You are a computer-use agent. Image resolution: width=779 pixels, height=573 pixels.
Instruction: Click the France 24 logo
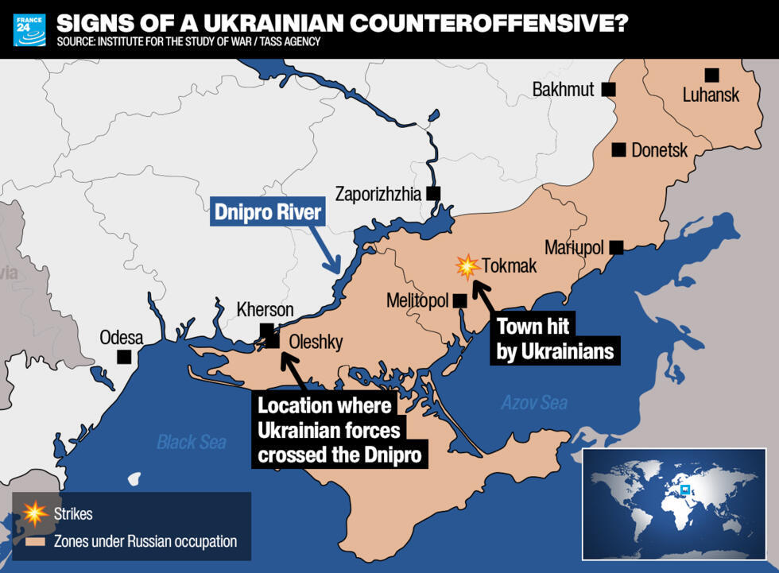[x=29, y=29]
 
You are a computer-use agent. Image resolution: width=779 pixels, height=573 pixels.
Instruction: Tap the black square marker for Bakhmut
[x=609, y=90]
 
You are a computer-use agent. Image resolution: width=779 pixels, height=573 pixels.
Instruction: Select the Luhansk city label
[x=711, y=95]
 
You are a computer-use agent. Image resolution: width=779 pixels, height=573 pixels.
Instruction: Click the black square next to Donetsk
[x=618, y=149]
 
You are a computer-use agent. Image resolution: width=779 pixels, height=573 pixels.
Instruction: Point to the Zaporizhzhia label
[x=378, y=193]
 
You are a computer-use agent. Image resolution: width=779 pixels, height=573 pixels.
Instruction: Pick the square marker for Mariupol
[x=616, y=247]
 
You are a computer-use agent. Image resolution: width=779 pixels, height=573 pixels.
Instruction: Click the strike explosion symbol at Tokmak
[x=467, y=266]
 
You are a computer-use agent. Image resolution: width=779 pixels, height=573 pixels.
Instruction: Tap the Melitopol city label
[x=417, y=301]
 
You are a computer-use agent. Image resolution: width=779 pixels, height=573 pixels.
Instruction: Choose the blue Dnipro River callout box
[x=268, y=213]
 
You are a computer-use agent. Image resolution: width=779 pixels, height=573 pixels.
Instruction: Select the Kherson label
[x=265, y=310]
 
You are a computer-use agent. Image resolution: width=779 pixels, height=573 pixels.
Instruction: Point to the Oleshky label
[x=316, y=343]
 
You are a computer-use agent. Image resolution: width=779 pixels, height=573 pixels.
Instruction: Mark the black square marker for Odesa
[x=124, y=357]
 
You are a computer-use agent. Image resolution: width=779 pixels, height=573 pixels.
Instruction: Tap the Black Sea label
[x=191, y=443]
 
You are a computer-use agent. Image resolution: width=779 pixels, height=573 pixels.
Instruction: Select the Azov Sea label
[x=533, y=403]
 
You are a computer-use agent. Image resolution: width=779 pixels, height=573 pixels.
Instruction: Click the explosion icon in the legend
[x=35, y=513]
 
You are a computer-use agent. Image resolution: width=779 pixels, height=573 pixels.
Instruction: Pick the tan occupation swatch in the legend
[x=35, y=542]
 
